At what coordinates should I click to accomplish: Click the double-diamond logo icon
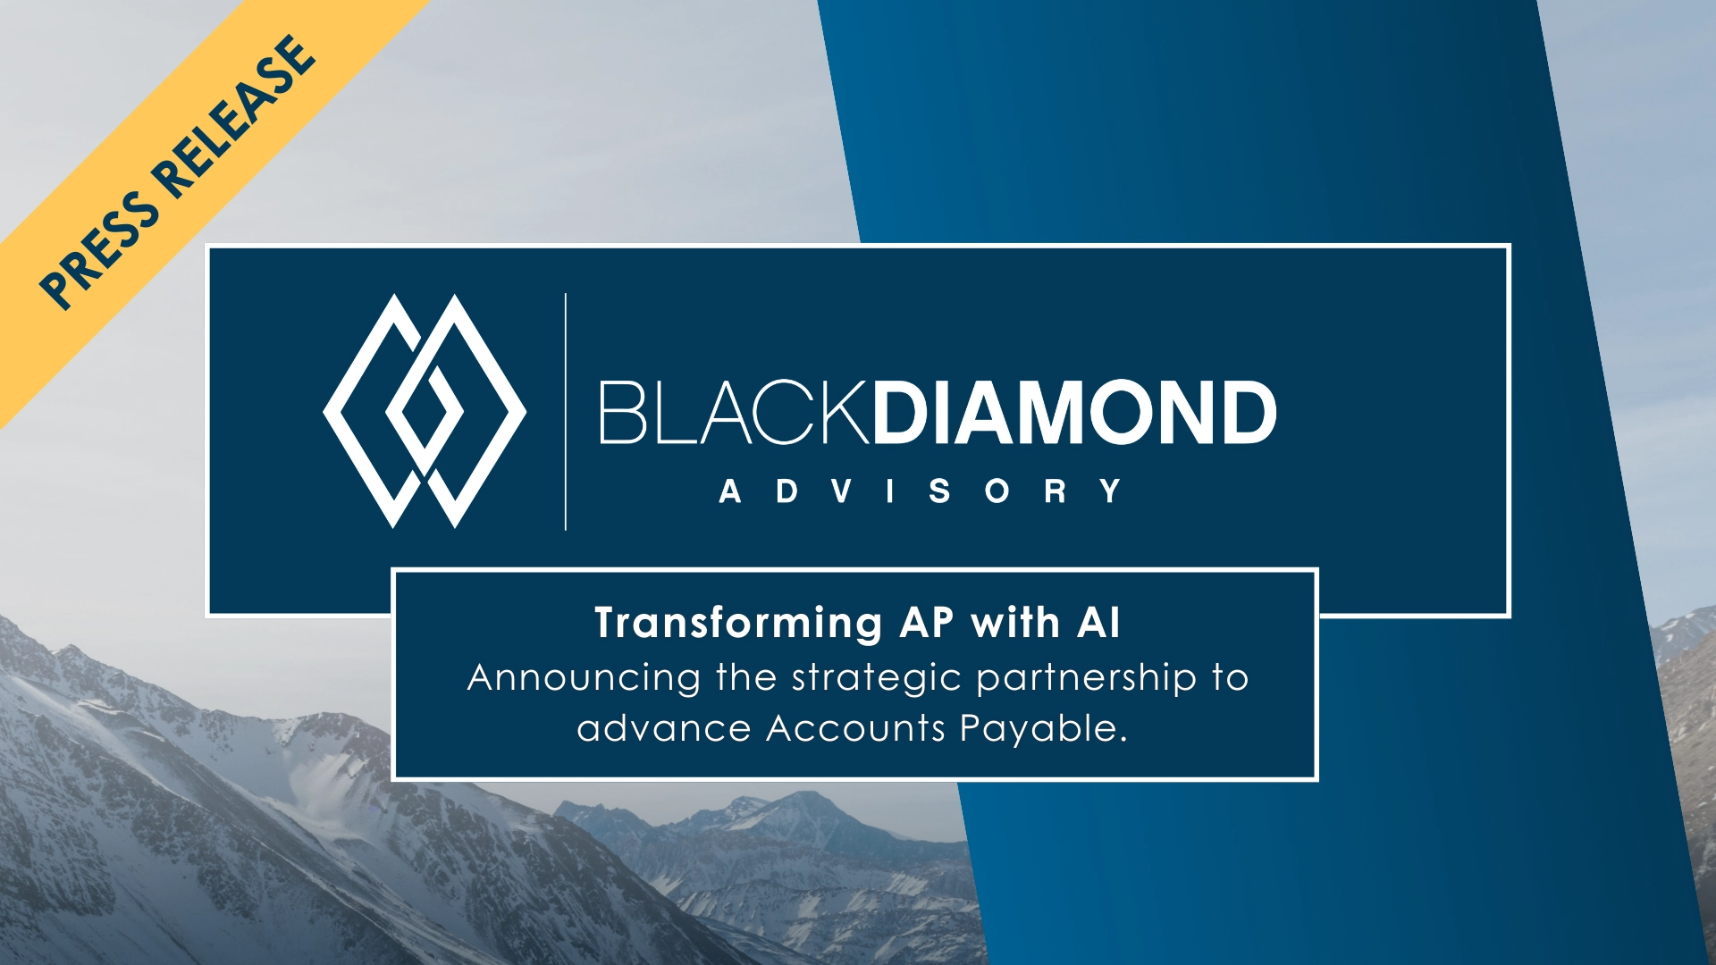[x=425, y=411]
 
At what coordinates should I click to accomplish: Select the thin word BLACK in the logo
[x=734, y=412]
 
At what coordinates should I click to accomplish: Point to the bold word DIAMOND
[x=1074, y=412]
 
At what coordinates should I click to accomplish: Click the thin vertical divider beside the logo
[x=566, y=411]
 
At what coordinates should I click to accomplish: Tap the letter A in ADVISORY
[x=730, y=491]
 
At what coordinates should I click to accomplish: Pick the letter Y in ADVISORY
[x=1111, y=491]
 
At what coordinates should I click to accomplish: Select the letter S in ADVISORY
[x=939, y=491]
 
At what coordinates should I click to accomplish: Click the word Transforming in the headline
[x=739, y=624]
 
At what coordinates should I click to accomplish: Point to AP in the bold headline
[x=926, y=622]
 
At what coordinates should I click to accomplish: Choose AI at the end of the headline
[x=1098, y=622]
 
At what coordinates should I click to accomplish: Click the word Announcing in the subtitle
[x=584, y=678]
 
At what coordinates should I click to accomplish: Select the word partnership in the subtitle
[x=1086, y=679]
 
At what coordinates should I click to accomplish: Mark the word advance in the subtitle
[x=664, y=729]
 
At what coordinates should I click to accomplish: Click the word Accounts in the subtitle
[x=856, y=729]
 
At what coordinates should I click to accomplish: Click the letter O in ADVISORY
[x=997, y=491]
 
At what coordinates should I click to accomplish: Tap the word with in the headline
[x=1015, y=622]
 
